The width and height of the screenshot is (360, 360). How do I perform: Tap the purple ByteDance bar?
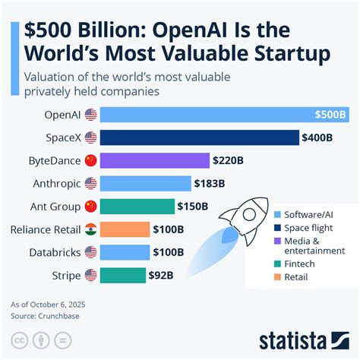pyautogui.click(x=154, y=160)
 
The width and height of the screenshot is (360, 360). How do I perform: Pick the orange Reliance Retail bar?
pyautogui.click(x=125, y=229)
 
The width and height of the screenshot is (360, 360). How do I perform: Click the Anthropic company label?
pyautogui.click(x=55, y=183)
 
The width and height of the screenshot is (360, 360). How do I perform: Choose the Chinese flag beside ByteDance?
pyautogui.click(x=90, y=160)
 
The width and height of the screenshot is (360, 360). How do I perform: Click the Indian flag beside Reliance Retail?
pyautogui.click(x=90, y=229)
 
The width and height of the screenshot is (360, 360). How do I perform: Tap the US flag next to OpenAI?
pyautogui.click(x=90, y=115)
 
